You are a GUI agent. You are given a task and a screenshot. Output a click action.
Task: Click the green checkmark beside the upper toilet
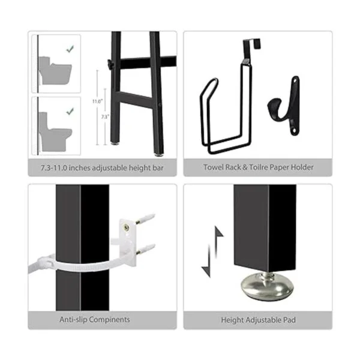click(x=70, y=49)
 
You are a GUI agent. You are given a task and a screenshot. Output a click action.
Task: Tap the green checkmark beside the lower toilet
click(x=70, y=112)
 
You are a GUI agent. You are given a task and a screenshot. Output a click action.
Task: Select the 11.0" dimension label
click(x=97, y=101)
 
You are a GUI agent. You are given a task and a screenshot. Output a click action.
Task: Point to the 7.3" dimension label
click(x=105, y=117)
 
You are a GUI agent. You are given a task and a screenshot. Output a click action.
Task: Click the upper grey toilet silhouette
click(x=55, y=70)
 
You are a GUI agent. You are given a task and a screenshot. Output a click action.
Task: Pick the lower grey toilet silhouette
click(x=55, y=131)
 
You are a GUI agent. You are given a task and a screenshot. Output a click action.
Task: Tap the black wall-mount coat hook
click(x=284, y=106)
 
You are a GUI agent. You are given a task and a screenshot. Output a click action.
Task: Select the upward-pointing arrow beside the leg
click(x=217, y=241)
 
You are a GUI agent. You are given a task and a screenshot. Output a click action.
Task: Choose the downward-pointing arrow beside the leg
click(x=208, y=261)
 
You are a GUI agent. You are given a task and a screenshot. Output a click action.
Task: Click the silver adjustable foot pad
click(x=267, y=286)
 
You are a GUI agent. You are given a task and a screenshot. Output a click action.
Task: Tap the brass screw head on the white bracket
click(x=126, y=227)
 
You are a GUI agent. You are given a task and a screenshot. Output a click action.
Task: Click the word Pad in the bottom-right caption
click(x=290, y=320)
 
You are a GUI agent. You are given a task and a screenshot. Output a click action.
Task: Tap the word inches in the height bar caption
click(x=79, y=168)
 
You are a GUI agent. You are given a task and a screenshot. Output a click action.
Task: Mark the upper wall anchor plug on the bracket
click(x=145, y=219)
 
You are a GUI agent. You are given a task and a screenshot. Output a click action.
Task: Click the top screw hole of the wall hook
click(x=295, y=81)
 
